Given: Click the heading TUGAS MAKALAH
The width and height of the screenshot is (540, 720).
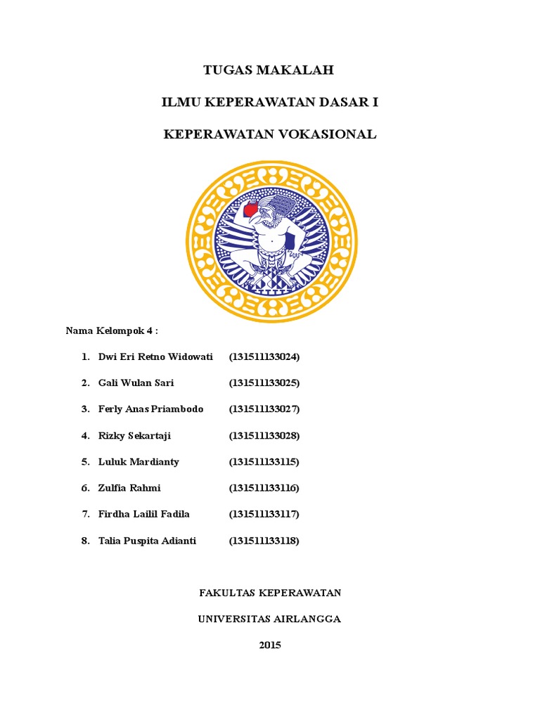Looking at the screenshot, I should coord(269,70).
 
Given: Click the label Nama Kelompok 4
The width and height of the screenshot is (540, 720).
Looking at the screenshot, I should coord(112,330).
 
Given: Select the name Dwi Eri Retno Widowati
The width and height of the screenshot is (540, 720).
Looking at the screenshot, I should coord(155,356).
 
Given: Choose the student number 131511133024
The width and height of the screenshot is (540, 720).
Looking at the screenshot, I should coord(264,356).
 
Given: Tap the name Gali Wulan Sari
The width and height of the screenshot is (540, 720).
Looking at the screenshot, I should coord(136,383).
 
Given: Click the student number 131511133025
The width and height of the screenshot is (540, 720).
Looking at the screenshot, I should coord(264,383).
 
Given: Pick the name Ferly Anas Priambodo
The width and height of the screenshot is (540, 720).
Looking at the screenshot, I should coord(151,409).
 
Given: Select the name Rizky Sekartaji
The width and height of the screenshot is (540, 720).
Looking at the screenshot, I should coord(134,436).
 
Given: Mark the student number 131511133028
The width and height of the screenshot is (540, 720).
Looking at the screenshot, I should coord(264,436).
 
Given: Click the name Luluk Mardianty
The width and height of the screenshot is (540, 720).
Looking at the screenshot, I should coord(139,462).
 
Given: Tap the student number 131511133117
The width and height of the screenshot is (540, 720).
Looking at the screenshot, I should coord(264,515).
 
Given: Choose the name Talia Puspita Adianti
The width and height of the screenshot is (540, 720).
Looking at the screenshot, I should coord(148,541).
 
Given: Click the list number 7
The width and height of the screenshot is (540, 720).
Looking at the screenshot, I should coord(84,515).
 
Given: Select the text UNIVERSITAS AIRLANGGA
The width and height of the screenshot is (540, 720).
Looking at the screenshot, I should coord(269,619).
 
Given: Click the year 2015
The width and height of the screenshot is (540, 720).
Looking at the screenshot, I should coord(270,645).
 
